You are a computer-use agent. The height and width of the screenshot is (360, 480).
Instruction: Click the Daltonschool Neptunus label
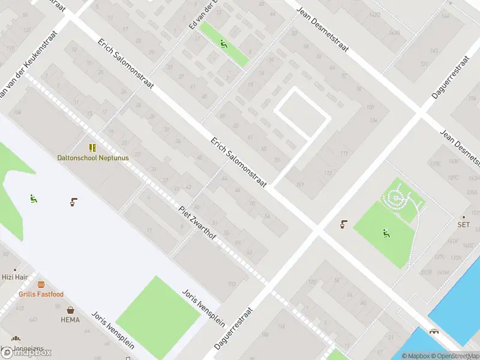click(92, 158)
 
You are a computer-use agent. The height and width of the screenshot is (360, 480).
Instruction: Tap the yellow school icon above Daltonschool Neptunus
click(92, 148)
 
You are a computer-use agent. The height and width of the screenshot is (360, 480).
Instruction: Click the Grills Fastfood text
click(41, 294)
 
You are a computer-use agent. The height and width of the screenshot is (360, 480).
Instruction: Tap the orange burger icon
click(41, 285)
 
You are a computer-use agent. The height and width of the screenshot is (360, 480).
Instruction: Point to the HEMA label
click(70, 320)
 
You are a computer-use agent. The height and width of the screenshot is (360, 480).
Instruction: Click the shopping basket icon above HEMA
click(71, 310)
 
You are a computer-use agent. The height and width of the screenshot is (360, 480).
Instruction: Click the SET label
click(463, 225)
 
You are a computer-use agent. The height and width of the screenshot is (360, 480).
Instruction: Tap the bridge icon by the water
click(433, 331)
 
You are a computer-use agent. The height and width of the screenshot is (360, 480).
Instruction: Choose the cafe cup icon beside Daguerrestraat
click(343, 224)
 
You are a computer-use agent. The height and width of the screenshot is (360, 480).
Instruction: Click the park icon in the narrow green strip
click(223, 43)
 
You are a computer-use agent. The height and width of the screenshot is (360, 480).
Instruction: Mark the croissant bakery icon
click(15, 338)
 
